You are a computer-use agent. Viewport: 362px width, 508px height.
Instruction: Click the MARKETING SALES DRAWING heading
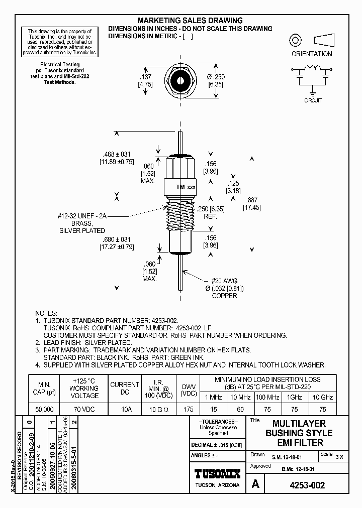point(190,21)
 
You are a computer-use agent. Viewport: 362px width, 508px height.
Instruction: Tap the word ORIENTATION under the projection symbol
point(312,54)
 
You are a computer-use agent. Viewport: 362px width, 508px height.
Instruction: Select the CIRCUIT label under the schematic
point(312,100)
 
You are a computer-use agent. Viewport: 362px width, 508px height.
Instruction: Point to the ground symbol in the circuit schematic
point(312,92)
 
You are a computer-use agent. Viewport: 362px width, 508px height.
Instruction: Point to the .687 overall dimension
point(252,199)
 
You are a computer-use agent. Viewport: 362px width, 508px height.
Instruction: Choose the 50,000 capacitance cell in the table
point(42,409)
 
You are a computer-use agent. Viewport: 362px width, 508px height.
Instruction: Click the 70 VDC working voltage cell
point(84,409)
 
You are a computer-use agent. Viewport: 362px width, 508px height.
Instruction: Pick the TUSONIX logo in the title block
point(217,473)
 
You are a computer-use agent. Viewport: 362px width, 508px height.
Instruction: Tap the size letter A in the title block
point(255,485)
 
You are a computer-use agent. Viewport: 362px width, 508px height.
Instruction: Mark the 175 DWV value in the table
point(188,409)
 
